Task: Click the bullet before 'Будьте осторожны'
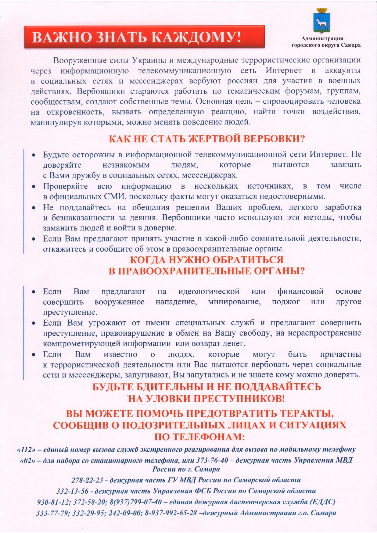34,155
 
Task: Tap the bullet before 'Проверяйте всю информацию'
34,186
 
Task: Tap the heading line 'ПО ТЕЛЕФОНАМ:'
199,437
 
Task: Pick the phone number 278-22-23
87,480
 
